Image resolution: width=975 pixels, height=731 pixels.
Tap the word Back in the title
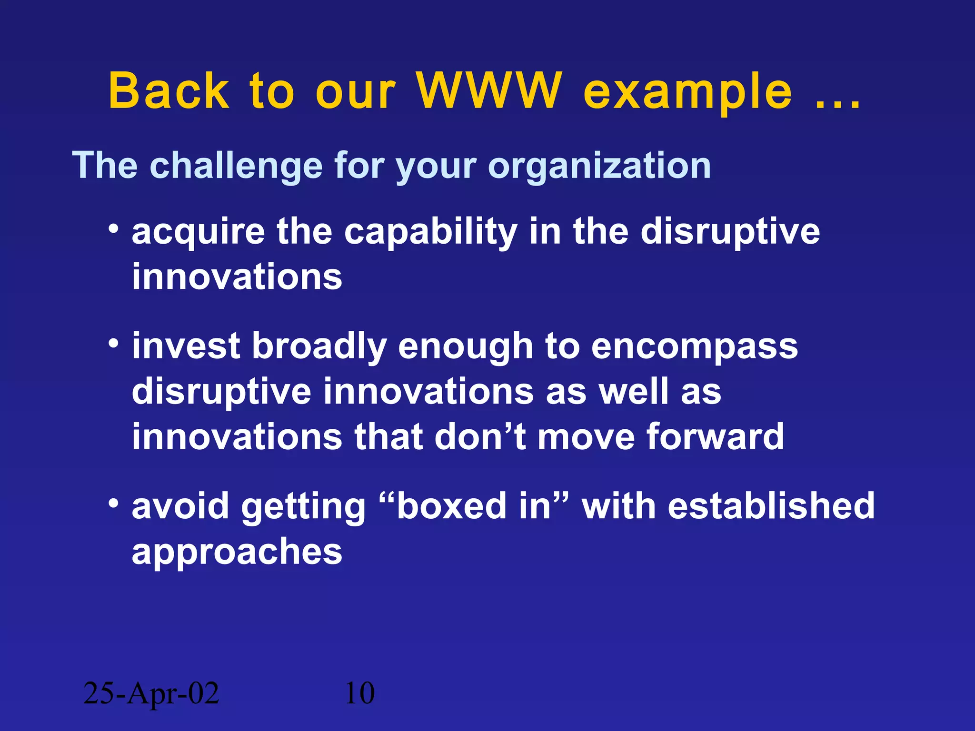click(169, 91)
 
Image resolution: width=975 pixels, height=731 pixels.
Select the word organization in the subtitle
click(599, 166)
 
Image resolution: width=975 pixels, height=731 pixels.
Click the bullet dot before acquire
click(113, 229)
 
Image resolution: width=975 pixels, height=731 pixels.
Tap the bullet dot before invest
click(113, 343)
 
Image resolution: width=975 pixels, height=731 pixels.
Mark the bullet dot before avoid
click(113, 504)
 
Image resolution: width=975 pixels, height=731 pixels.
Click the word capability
click(430, 233)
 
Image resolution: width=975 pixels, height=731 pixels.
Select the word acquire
click(198, 233)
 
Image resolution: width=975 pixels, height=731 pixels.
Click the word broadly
click(318, 347)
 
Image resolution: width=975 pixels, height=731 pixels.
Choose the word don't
click(480, 436)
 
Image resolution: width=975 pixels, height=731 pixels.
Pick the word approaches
click(237, 553)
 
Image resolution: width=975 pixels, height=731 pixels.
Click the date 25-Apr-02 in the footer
click(151, 693)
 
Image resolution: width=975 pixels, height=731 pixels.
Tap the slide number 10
click(359, 693)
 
